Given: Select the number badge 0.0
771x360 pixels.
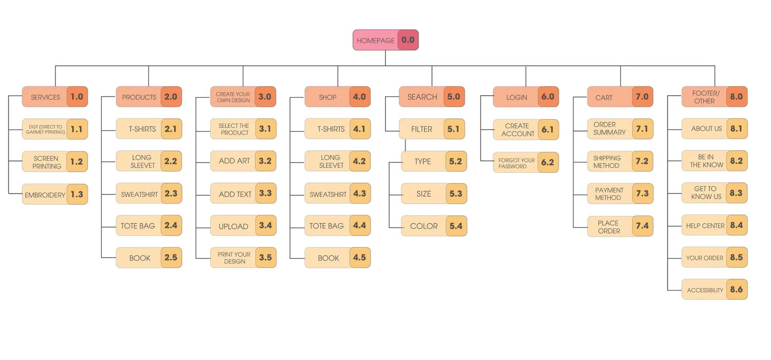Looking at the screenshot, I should [408, 40].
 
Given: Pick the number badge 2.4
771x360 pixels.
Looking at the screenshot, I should [171, 226].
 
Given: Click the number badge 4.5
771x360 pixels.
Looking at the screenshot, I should [360, 258].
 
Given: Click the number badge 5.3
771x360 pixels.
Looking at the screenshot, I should [456, 194].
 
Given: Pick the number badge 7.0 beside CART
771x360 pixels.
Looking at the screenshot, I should [642, 97].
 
